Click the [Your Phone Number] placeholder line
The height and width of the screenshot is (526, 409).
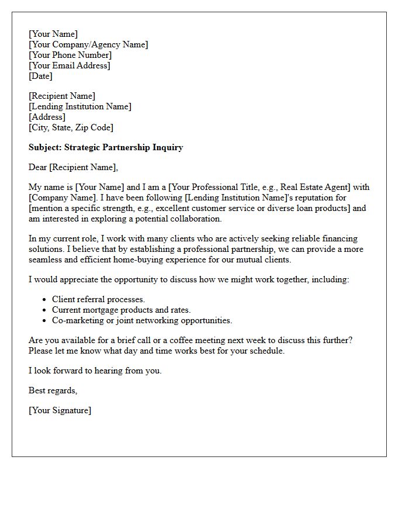pos(70,55)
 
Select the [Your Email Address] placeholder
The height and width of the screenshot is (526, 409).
pos(70,65)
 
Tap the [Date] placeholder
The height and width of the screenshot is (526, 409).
pos(40,76)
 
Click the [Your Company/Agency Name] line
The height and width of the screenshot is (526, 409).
pos(88,44)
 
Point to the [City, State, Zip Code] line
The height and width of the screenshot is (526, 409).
pos(71,127)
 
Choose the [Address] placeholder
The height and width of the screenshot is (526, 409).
pos(47,117)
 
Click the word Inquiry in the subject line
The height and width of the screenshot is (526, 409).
pos(168,147)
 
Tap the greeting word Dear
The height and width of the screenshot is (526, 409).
pos(38,168)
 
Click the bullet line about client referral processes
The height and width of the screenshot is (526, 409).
pos(98,299)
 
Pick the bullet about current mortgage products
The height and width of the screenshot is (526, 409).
pos(121,310)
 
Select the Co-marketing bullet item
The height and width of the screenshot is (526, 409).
pos(142,320)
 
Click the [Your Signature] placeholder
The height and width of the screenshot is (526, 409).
pos(60,410)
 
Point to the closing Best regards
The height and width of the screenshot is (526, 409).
pos(53,390)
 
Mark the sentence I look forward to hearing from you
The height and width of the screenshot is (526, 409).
pos(95,371)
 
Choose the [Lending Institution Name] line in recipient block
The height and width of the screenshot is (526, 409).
pos(80,106)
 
